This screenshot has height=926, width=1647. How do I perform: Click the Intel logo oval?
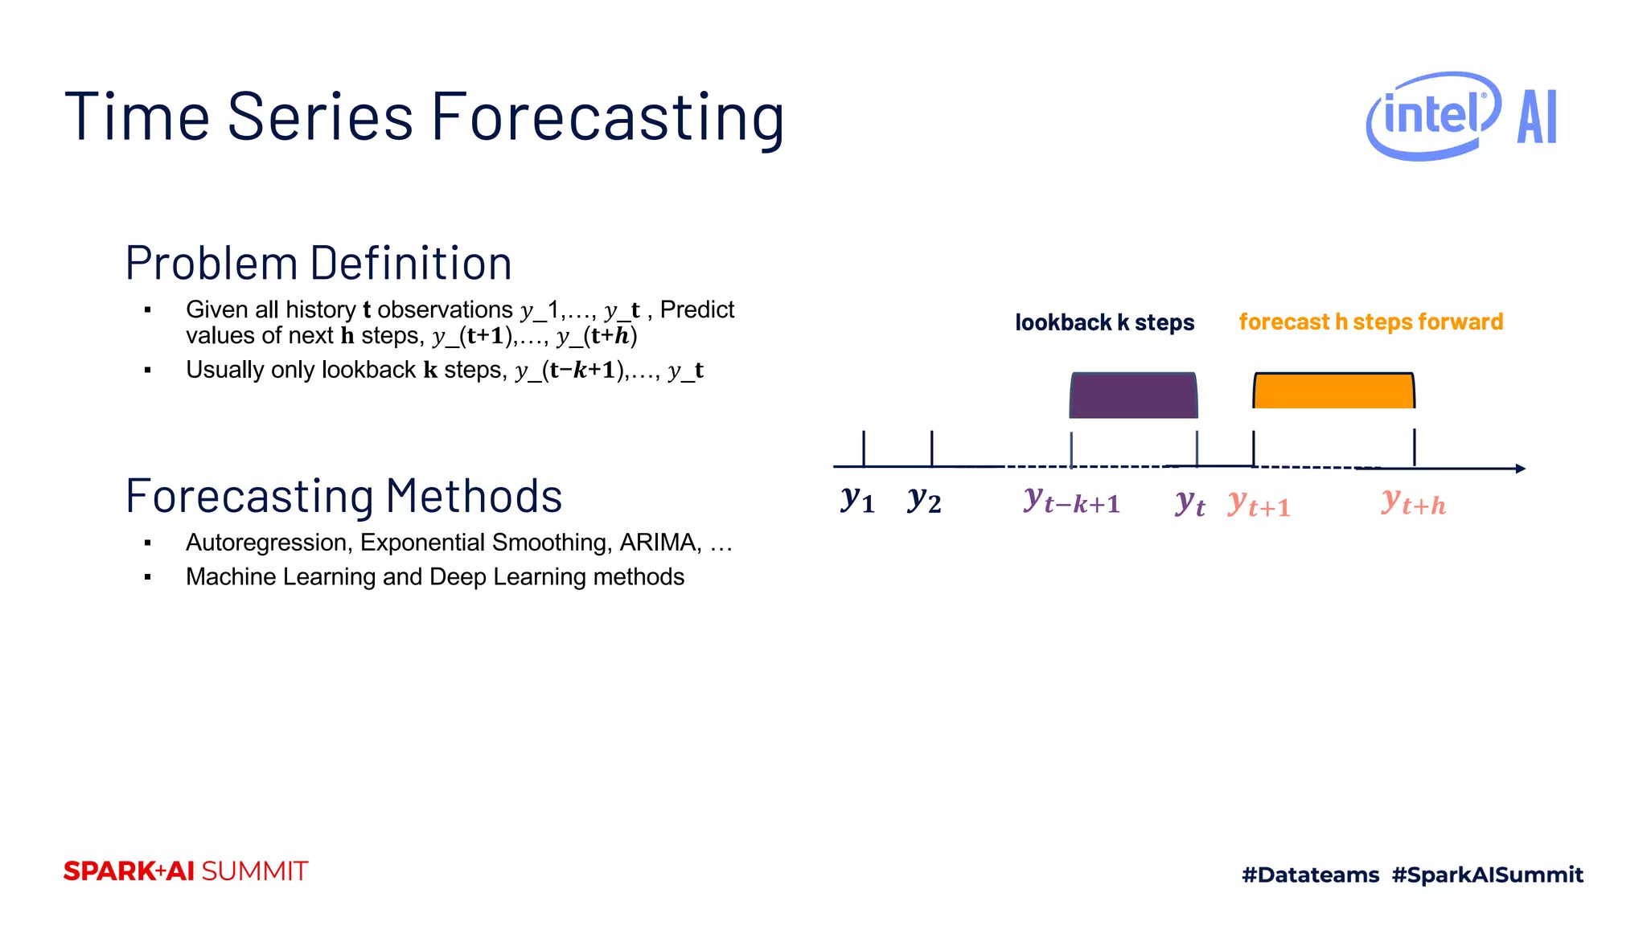coord(1432,116)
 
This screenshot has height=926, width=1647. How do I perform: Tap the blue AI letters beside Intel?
coord(1537,117)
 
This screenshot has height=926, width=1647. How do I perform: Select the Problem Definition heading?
coord(318,263)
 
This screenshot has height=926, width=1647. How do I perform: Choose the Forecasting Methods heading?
coord(343,496)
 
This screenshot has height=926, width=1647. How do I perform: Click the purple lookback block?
coord(1133,395)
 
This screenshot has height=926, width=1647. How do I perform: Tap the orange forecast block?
coord(1333,391)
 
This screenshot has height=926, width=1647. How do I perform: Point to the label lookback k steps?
coord(1104,322)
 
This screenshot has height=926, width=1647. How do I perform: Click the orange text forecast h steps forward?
coord(1370,322)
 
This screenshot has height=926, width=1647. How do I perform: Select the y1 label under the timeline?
coord(857,500)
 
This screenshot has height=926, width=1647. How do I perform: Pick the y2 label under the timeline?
coord(924,500)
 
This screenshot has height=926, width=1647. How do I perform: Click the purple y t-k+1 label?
coord(1071,501)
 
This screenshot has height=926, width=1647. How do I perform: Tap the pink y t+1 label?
coord(1259,504)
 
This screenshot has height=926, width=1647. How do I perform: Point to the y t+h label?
coord(1413,502)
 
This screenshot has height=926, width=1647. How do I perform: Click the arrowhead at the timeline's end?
coord(1520,468)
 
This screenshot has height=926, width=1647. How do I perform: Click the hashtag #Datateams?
coord(1310,875)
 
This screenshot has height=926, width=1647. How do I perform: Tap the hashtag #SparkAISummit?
coord(1487,875)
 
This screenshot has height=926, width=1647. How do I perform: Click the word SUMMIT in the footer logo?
coord(254,871)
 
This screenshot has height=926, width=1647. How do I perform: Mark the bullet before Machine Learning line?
coord(148,577)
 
